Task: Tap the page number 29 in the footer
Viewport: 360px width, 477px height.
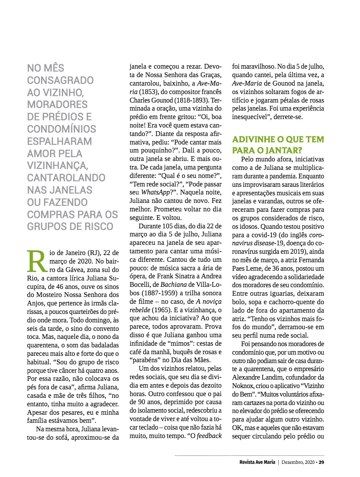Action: click(321, 462)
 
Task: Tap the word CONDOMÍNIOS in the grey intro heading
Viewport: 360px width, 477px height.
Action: click(62, 129)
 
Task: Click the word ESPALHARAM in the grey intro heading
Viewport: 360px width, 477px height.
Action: click(59, 141)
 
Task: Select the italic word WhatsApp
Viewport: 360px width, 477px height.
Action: click(153, 192)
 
